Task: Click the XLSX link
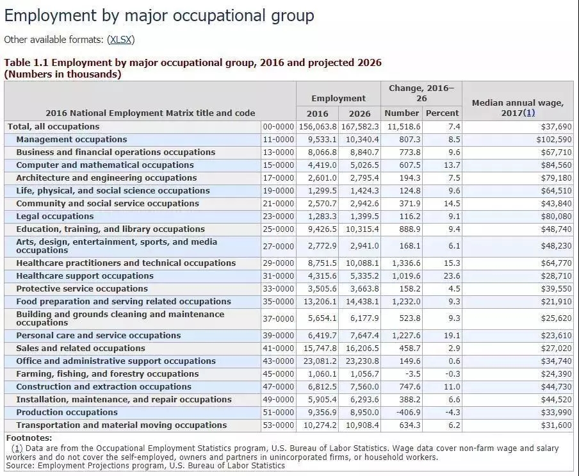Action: click(x=120, y=40)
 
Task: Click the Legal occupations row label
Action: click(x=55, y=217)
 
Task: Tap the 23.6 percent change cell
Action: click(x=452, y=276)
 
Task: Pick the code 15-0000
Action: click(x=279, y=165)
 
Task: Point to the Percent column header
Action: click(x=443, y=113)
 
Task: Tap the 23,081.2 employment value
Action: click(x=318, y=361)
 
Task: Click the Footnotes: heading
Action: click(x=28, y=438)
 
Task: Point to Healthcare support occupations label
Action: click(x=85, y=276)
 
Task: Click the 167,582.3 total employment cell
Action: click(x=361, y=127)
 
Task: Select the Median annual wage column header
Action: click(x=518, y=108)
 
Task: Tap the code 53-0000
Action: click(x=279, y=425)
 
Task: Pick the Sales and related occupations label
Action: click(x=81, y=349)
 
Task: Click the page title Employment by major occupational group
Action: click(x=159, y=15)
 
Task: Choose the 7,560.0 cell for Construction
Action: click(x=363, y=387)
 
